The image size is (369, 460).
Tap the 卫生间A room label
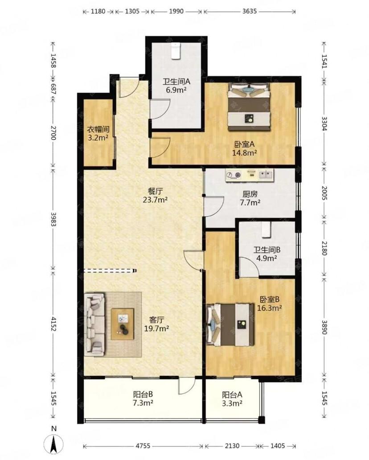pyautogui.click(x=176, y=82)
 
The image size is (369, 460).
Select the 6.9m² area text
pyautogui.click(x=176, y=90)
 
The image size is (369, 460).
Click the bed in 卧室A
pyautogui.click(x=249, y=107)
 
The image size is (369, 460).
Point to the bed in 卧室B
pyautogui.click(x=230, y=324)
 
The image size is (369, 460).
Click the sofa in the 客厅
pyautogui.click(x=94, y=324)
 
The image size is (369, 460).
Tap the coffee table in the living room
pyautogui.click(x=122, y=324)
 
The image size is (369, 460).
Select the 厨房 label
pyautogui.click(x=250, y=194)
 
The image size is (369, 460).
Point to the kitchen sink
pyautogui.click(x=266, y=175)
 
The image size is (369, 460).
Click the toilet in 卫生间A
pyautogui.click(x=176, y=51)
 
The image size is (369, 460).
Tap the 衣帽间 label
pyautogui.click(x=98, y=129)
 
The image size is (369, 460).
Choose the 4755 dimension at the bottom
pyautogui.click(x=143, y=446)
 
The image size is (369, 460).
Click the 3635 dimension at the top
pyautogui.click(x=250, y=11)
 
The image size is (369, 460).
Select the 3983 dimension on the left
pyautogui.click(x=53, y=219)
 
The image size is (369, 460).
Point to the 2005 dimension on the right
pyautogui.click(x=324, y=193)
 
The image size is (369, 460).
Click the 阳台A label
pyautogui.click(x=232, y=395)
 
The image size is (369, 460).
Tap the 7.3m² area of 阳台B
pyautogui.click(x=143, y=403)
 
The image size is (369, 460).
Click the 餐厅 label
pyautogui.click(x=155, y=192)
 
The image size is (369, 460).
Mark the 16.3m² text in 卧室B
pyautogui.click(x=270, y=308)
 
